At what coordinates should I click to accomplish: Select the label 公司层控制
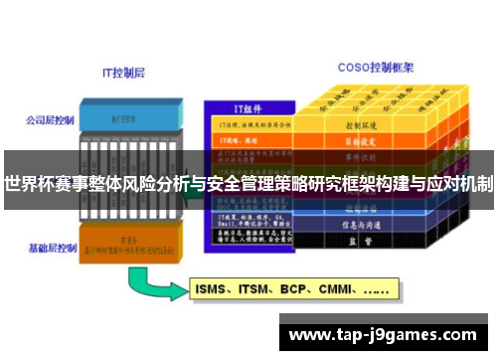pos(51,119)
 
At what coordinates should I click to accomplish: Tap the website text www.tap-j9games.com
pos(382,333)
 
